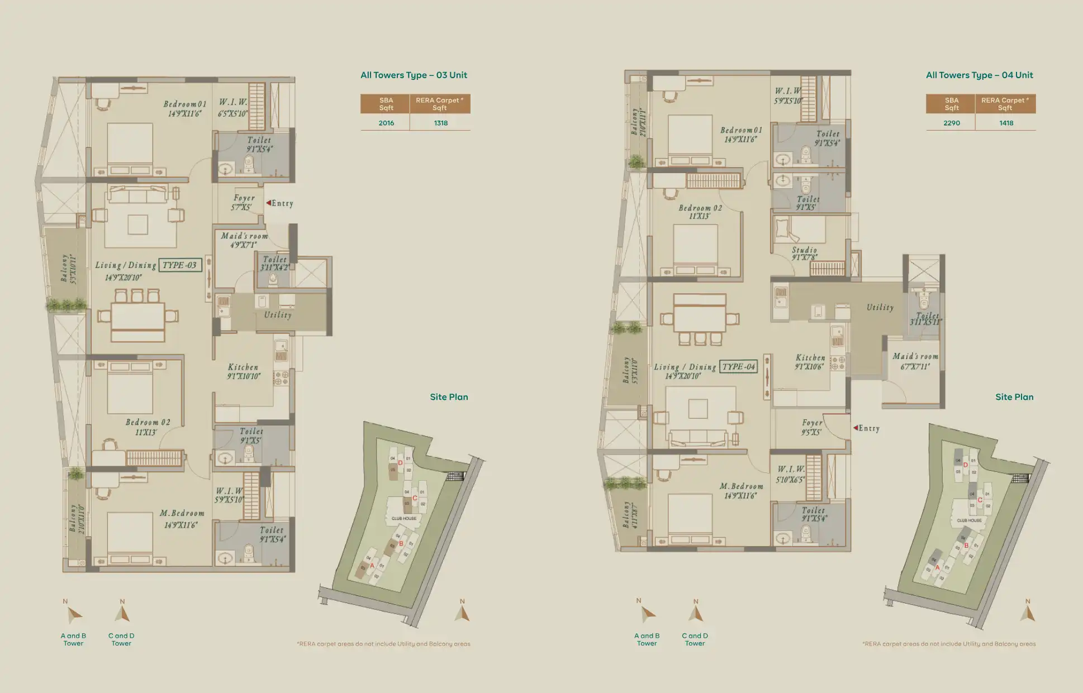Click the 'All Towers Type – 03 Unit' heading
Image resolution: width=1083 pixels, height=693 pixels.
pyautogui.click(x=414, y=75)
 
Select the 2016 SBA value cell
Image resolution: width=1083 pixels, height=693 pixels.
pyautogui.click(x=386, y=123)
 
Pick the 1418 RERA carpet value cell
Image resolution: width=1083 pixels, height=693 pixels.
pyautogui.click(x=1006, y=123)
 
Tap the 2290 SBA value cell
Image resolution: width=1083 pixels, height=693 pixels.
pyautogui.click(x=951, y=123)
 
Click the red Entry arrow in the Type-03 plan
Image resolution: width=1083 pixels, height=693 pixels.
pyautogui.click(x=268, y=203)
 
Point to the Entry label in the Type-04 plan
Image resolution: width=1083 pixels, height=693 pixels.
pyautogui.click(x=868, y=428)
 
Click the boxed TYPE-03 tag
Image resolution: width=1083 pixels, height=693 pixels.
pyautogui.click(x=180, y=265)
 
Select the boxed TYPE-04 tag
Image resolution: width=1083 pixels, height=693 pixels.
pyautogui.click(x=738, y=367)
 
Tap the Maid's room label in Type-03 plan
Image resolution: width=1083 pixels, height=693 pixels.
pyautogui.click(x=244, y=236)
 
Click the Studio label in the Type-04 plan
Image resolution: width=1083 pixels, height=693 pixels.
pyautogui.click(x=804, y=250)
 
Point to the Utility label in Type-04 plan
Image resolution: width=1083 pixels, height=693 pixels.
pyautogui.click(x=880, y=307)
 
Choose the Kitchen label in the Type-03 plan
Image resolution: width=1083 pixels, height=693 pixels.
pyautogui.click(x=243, y=367)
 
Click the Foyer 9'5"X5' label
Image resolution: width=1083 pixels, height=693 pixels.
pyautogui.click(x=812, y=427)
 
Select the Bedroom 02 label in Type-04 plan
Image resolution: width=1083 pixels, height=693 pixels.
pyautogui.click(x=700, y=208)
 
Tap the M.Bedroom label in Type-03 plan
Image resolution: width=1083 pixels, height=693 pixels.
pyautogui.click(x=182, y=513)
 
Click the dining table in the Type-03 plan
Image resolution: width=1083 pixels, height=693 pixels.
pyautogui.click(x=137, y=317)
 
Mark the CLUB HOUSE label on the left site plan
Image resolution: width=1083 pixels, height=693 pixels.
pyautogui.click(x=403, y=518)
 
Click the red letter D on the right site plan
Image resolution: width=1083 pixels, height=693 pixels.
pyautogui.click(x=965, y=465)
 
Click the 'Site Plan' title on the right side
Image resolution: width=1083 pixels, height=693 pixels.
pyautogui.click(x=1014, y=397)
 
